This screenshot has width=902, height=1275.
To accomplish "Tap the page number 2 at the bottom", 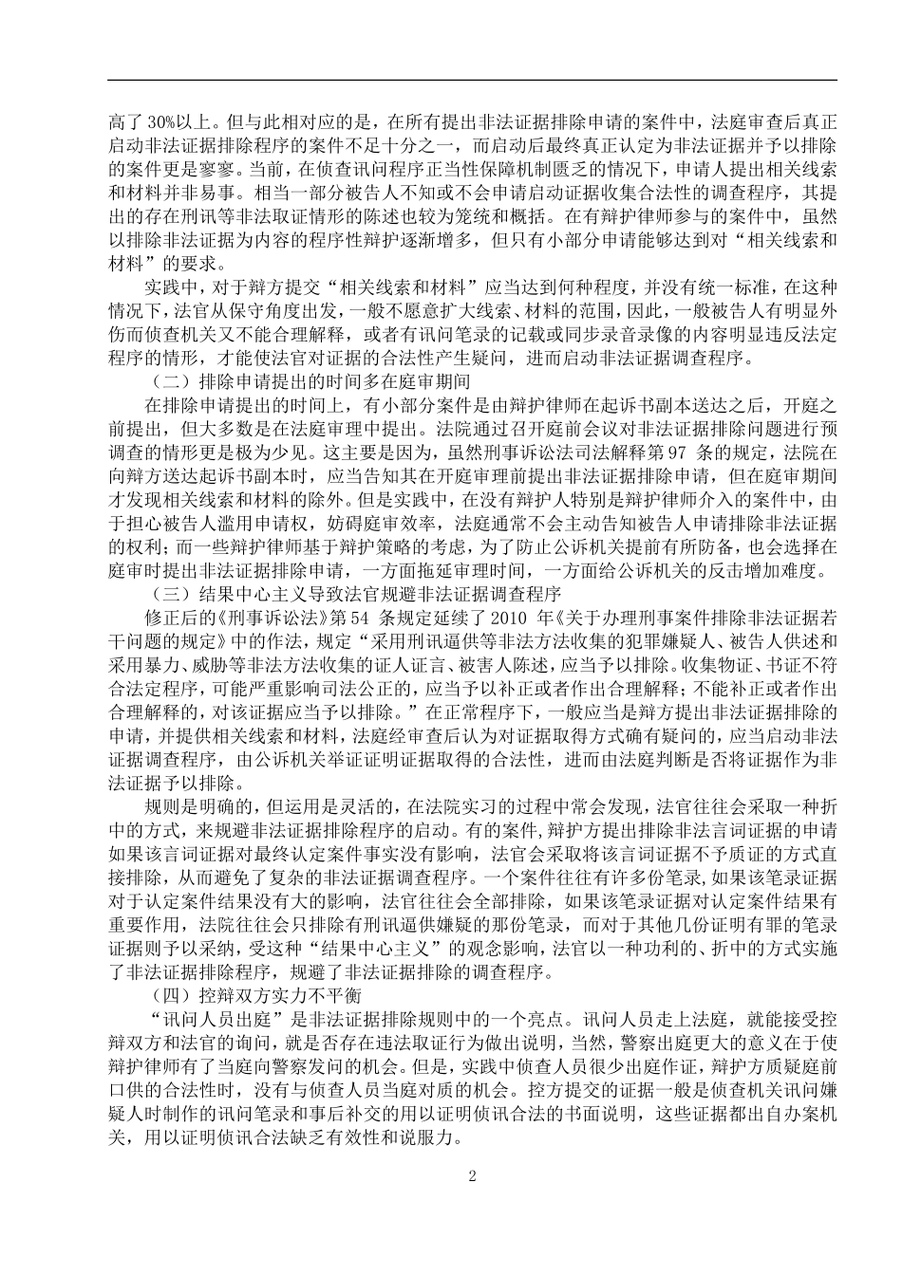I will tap(471, 1176).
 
